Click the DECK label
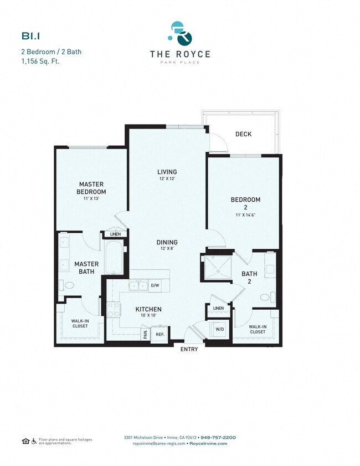pyautogui.click(x=243, y=134)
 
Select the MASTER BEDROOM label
pyautogui.click(x=91, y=187)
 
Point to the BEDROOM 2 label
pyautogui.click(x=245, y=203)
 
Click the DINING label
pyautogui.click(x=167, y=242)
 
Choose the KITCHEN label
pyautogui.click(x=148, y=309)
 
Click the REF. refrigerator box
pyautogui.click(x=159, y=334)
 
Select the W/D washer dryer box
pyautogui.click(x=219, y=330)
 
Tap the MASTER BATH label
pyautogui.click(x=86, y=268)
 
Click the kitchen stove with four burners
pyautogui.click(x=113, y=309)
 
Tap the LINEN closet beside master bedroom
pyautogui.click(x=115, y=234)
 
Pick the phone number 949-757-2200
pyautogui.click(x=218, y=437)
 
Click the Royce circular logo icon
pyautogui.click(x=181, y=34)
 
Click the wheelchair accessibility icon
pyautogui.click(x=34, y=441)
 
